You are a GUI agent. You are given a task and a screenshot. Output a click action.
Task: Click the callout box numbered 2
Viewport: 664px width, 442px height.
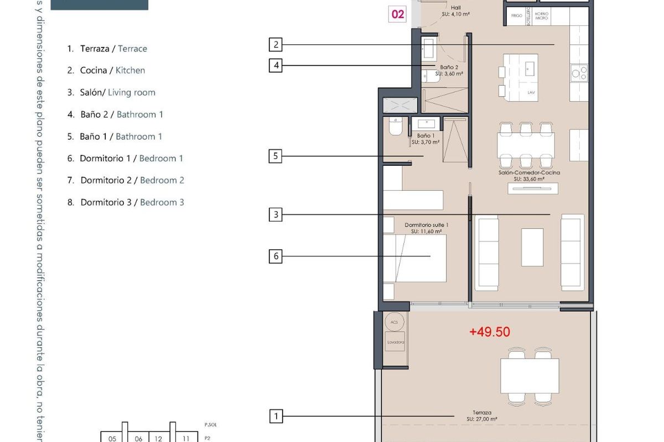click(x=276, y=44)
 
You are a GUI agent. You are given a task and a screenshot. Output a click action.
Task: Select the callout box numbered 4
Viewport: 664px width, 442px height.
click(x=276, y=66)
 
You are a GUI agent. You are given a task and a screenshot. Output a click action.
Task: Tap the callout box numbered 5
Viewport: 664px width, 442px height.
click(x=276, y=156)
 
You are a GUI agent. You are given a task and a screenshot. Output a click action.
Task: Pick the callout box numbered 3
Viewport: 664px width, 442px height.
click(x=276, y=214)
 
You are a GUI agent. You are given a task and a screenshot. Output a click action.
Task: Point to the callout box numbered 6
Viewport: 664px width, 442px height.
click(x=276, y=256)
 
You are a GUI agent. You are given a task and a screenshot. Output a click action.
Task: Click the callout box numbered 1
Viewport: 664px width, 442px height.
click(x=276, y=416)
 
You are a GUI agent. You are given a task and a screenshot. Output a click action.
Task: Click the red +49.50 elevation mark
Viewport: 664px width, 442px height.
click(x=490, y=332)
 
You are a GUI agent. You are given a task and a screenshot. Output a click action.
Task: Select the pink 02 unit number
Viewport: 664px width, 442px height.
click(x=398, y=14)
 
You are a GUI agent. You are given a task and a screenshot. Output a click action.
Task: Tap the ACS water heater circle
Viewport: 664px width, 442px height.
click(x=394, y=322)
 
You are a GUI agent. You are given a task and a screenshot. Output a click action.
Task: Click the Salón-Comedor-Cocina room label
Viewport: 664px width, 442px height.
click(x=529, y=176)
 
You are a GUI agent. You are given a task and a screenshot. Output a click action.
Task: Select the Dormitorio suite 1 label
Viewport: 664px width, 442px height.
click(x=426, y=228)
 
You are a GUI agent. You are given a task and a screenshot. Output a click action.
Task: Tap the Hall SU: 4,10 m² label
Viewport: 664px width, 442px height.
click(x=456, y=11)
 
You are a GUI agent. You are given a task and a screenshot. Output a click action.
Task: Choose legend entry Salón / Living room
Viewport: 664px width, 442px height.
click(x=111, y=92)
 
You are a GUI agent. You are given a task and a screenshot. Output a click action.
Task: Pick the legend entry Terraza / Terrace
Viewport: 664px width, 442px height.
click(x=107, y=49)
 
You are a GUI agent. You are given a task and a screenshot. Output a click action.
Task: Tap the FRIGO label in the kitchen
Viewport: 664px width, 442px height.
click(x=517, y=17)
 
